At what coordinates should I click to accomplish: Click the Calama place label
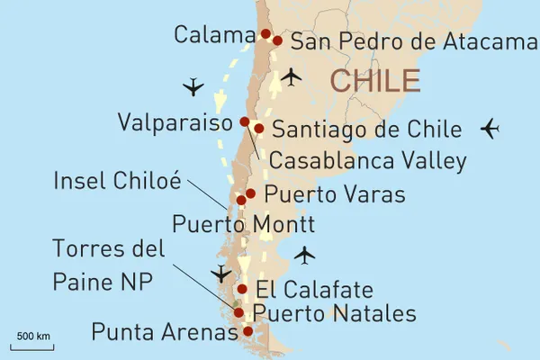click(x=214, y=35)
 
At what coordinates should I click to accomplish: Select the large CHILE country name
click(x=375, y=80)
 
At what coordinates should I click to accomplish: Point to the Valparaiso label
click(x=176, y=122)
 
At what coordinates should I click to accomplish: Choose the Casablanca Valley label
click(x=368, y=161)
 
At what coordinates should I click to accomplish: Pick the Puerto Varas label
click(x=335, y=194)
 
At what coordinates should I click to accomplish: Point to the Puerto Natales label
click(x=335, y=313)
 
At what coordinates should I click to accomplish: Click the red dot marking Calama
click(x=265, y=34)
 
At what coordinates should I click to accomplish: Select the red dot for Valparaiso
click(x=245, y=121)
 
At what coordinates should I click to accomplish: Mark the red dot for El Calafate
click(x=242, y=289)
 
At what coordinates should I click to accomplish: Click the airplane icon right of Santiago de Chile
click(x=490, y=129)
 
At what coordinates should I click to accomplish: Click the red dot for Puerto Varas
click(x=250, y=193)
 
